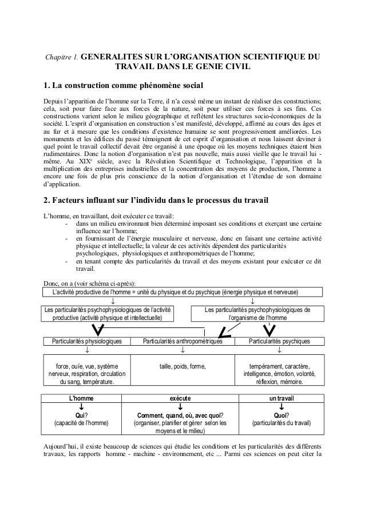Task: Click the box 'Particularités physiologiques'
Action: tap(87, 341)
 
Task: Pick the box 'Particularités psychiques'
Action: tap(279, 341)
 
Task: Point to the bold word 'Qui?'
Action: tap(81, 415)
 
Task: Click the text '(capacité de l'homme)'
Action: tap(81, 423)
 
